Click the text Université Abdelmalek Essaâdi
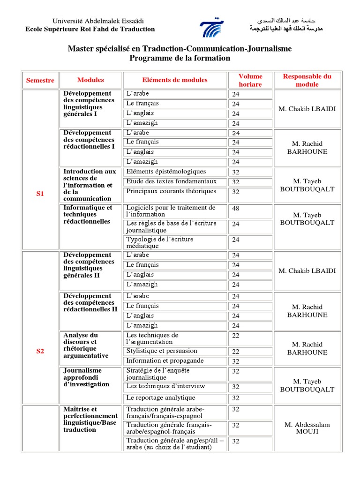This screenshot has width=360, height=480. [91, 21]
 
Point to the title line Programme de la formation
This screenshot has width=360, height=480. [180, 58]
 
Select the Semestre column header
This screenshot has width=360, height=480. [40, 80]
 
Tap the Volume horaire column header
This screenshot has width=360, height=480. [250, 80]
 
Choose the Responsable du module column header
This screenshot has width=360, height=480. [307, 80]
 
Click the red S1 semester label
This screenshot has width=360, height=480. [40, 194]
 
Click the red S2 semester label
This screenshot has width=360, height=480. [40, 351]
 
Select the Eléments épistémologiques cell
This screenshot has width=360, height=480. [166, 172]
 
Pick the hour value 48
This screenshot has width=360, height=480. [236, 209]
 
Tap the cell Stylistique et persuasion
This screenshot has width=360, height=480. [162, 351]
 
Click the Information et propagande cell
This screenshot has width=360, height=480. [165, 361]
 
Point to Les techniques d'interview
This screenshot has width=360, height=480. [166, 387]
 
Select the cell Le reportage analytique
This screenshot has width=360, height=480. [161, 397]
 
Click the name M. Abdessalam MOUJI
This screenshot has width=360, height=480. [307, 427]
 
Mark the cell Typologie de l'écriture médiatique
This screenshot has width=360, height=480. [159, 242]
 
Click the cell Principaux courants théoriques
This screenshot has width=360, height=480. [171, 191]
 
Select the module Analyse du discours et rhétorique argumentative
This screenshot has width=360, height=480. [85, 345]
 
